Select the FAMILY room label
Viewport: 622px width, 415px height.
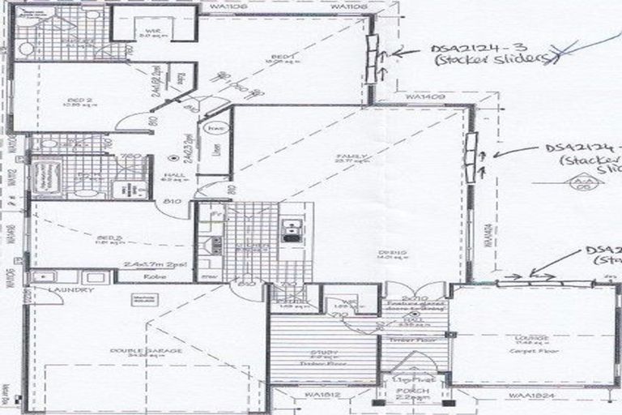click(x=353, y=156)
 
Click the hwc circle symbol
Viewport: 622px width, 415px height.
click(x=215, y=130)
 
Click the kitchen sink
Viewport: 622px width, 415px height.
click(x=289, y=230)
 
